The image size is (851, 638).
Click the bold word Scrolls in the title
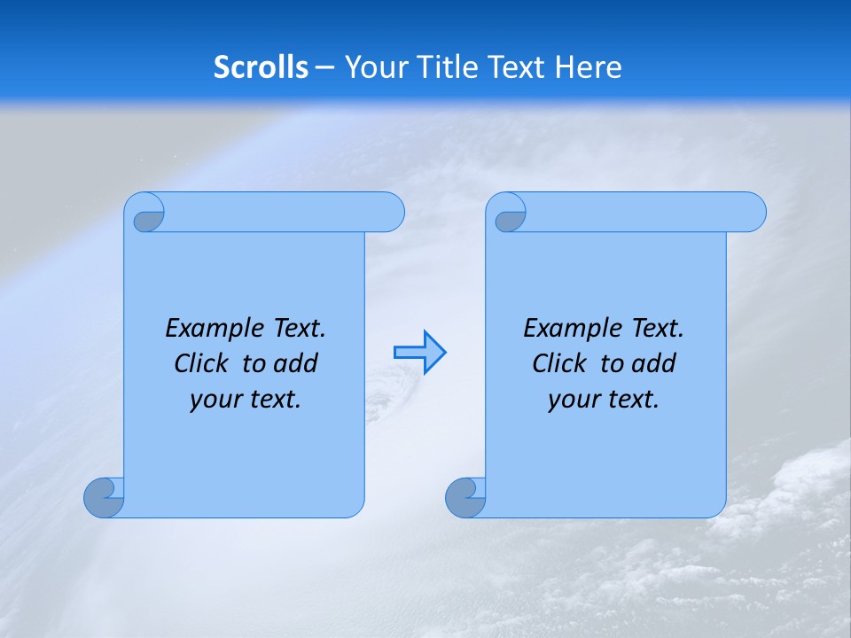coord(261,67)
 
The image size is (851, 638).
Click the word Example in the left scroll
coord(210,329)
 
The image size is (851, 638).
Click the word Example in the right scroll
coord(568,329)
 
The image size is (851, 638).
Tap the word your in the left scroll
coord(214,400)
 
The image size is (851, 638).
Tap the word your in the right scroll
coord(572,400)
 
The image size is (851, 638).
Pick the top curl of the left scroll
coord(148,214)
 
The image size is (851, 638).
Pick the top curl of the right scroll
coord(510,214)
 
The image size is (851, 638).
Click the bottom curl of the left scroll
coord(104,497)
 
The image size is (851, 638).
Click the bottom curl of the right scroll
coord(465,497)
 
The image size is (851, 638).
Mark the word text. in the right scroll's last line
coord(633,400)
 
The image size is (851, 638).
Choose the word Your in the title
coord(370,67)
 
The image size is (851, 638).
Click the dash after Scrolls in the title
coord(324,68)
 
